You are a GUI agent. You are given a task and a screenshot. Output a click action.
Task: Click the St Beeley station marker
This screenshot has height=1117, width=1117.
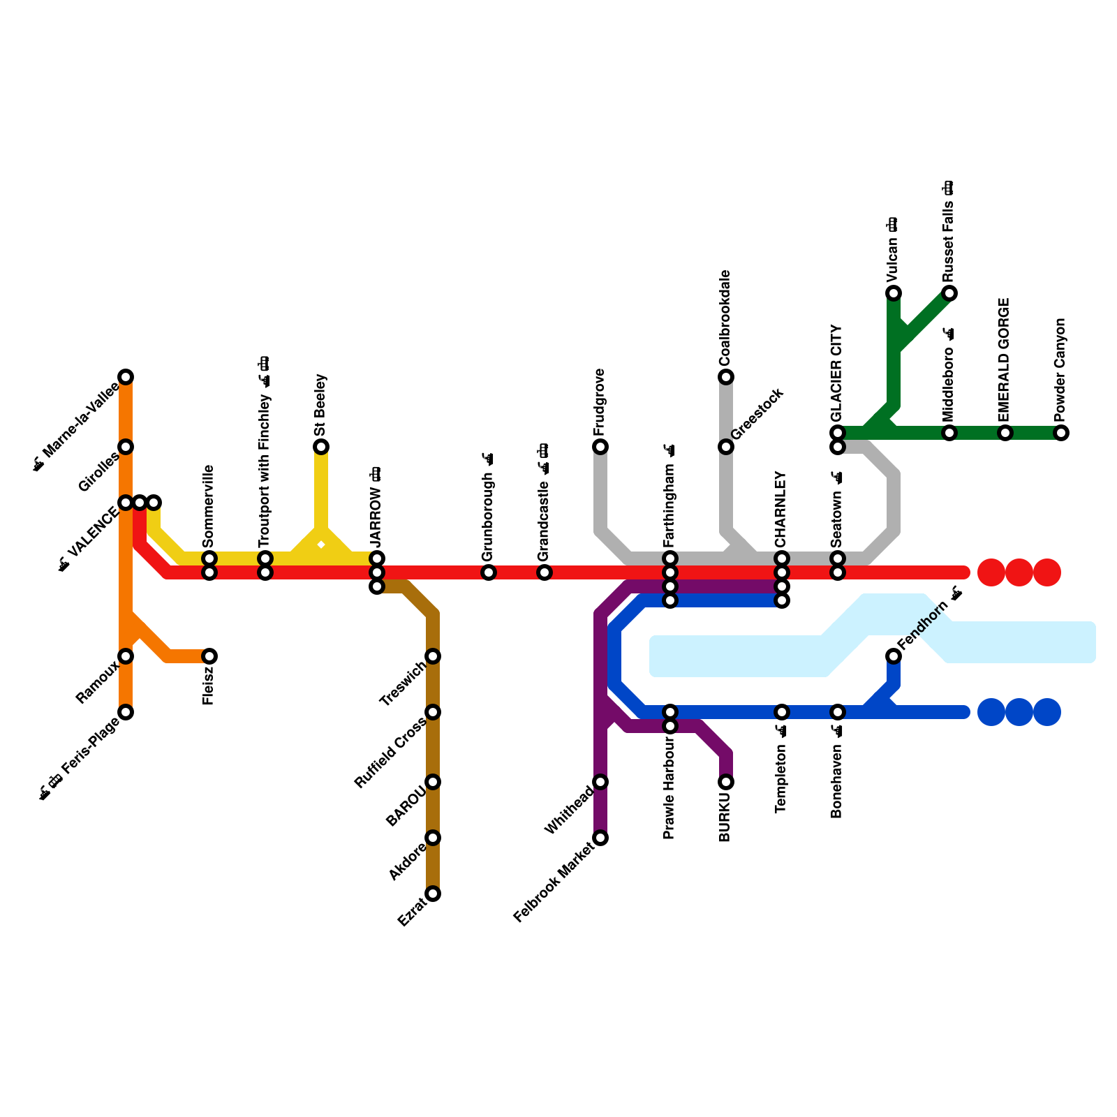(321, 447)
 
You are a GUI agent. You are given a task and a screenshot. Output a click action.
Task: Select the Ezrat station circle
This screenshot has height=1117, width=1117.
(433, 894)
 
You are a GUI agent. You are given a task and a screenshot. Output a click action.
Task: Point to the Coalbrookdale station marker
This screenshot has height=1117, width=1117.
(726, 377)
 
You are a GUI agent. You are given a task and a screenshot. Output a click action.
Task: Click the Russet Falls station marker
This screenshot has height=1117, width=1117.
(949, 293)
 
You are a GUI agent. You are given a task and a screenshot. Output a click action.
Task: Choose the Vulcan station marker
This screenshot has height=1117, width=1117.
(894, 293)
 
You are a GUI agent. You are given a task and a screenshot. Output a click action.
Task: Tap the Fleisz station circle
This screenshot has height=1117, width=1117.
(209, 656)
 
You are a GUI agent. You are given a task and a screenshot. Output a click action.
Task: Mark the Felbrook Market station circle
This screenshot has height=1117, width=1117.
(600, 838)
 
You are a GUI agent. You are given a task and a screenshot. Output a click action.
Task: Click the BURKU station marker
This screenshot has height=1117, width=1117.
(726, 782)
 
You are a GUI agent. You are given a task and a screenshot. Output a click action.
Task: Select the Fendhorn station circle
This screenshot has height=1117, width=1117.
(894, 656)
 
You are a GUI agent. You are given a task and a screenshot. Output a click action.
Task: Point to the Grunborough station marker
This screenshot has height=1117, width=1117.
(489, 572)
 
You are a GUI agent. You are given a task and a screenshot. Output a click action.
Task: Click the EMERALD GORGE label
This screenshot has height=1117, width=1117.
(1005, 360)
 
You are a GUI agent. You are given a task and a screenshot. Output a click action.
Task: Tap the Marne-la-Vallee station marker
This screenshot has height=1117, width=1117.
(126, 377)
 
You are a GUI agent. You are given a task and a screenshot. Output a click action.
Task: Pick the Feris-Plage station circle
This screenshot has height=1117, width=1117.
(126, 712)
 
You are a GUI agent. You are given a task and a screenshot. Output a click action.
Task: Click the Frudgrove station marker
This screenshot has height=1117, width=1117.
(600, 447)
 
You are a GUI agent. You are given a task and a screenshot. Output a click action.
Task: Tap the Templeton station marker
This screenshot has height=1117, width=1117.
(782, 712)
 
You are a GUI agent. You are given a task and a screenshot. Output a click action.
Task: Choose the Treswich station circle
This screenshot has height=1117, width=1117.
(433, 656)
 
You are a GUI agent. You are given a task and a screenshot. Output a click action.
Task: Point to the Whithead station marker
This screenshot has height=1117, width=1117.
(600, 782)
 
